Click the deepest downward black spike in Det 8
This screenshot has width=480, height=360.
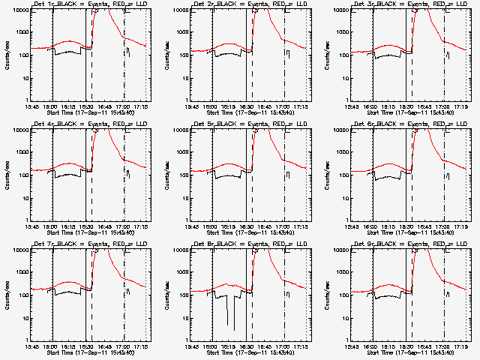234,329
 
